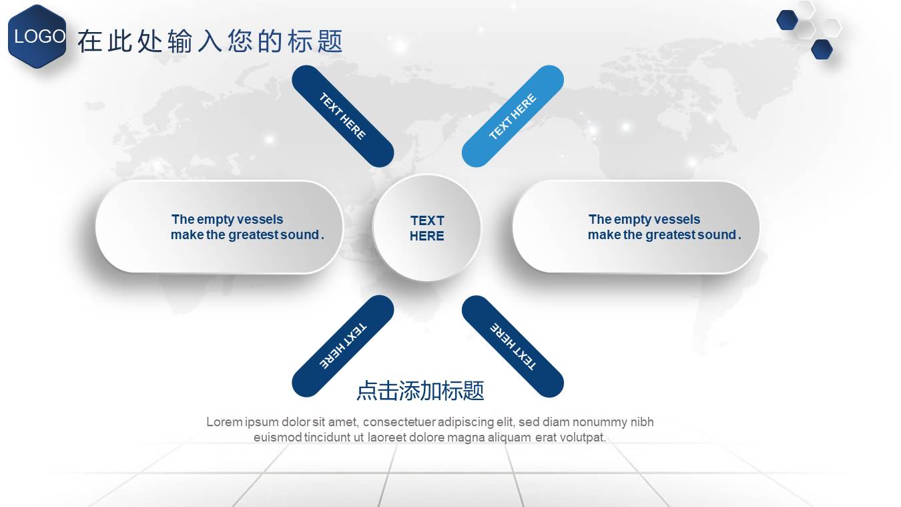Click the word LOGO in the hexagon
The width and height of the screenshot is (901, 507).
pyautogui.click(x=39, y=37)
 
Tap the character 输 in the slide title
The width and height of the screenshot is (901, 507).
pyautogui.click(x=180, y=41)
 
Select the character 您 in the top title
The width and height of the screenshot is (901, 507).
pyautogui.click(x=240, y=41)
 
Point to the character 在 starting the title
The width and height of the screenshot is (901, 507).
pyautogui.click(x=89, y=41)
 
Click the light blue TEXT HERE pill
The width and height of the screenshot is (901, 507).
pyautogui.click(x=513, y=116)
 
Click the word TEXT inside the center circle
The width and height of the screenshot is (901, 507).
pyautogui.click(x=427, y=220)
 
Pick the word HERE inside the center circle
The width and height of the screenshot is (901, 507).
pyautogui.click(x=426, y=236)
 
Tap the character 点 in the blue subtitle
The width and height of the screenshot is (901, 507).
pyautogui.click(x=367, y=391)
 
